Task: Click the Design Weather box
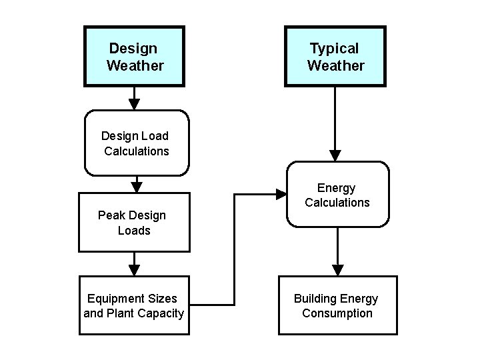pyautogui.click(x=134, y=57)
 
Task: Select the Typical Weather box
pyautogui.click(x=335, y=57)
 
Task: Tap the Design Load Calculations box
pyautogui.click(x=137, y=143)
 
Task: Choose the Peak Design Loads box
pyautogui.click(x=133, y=222)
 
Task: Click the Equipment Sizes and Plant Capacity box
pyautogui.click(x=134, y=305)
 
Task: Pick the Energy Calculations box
pyautogui.click(x=337, y=195)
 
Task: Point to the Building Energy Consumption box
pyautogui.click(x=337, y=305)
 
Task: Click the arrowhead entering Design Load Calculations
pyautogui.click(x=134, y=103)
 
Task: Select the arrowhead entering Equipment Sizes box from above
pyautogui.click(x=134, y=269)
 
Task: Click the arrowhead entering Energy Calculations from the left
pyautogui.click(x=281, y=195)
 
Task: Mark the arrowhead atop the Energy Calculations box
pyautogui.click(x=335, y=155)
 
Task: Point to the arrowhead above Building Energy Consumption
pyautogui.click(x=338, y=269)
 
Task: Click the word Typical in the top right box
pyautogui.click(x=334, y=49)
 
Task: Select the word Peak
pyautogui.click(x=111, y=215)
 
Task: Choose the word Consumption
pyautogui.click(x=337, y=313)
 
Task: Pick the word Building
pyautogui.click(x=315, y=298)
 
